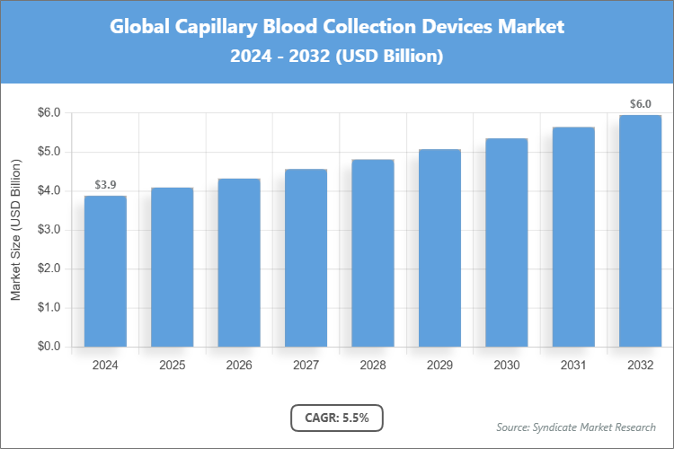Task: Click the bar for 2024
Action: (x=105, y=271)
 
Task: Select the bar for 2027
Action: (x=306, y=258)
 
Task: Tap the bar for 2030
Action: (x=506, y=242)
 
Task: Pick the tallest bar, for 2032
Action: (x=640, y=231)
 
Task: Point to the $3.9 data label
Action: (x=105, y=185)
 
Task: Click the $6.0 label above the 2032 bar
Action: (x=640, y=104)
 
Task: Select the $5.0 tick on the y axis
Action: (x=48, y=152)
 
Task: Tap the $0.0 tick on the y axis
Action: (x=48, y=347)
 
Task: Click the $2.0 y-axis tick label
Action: (x=48, y=269)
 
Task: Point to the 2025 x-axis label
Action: (x=172, y=365)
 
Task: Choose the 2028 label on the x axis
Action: (x=372, y=365)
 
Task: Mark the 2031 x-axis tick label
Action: (x=573, y=365)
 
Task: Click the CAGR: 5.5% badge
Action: (x=337, y=418)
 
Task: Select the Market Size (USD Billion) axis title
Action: (x=16, y=230)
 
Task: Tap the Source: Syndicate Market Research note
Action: (x=576, y=427)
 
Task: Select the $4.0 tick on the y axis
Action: (x=48, y=191)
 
